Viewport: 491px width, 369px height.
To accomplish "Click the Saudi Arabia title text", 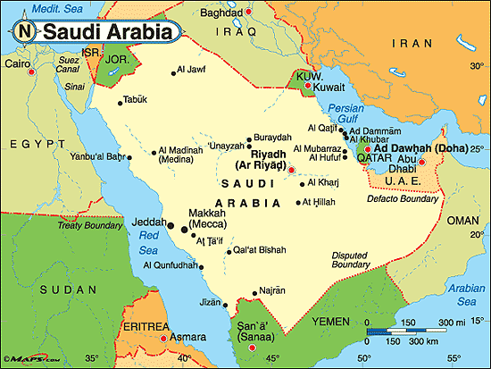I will click(107, 33).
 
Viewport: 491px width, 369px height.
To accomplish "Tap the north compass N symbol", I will click(26, 32).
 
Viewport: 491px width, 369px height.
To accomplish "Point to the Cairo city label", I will click(16, 64).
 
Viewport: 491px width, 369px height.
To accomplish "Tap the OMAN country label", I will click(463, 220).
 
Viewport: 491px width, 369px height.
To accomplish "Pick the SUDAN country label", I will click(54, 290).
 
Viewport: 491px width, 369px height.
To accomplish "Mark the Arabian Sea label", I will click(466, 293).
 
